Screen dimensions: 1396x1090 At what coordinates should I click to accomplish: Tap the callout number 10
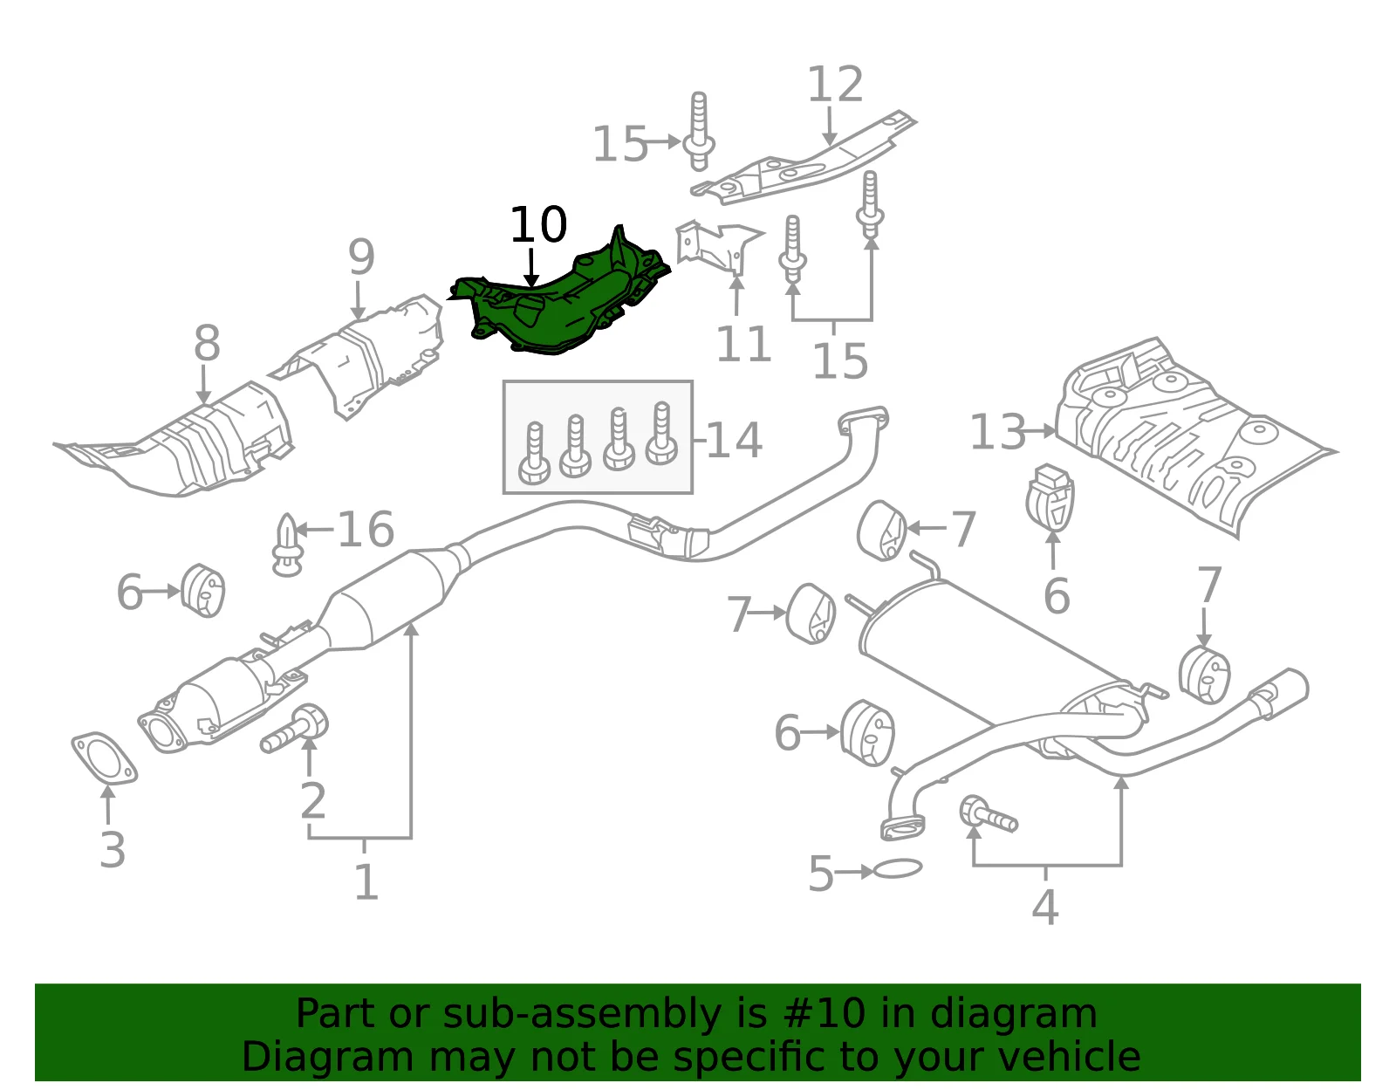538,225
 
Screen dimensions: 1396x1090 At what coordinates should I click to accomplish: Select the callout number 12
834,84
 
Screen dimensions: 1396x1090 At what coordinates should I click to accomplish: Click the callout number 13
997,432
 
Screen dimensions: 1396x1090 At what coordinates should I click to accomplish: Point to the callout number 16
366,529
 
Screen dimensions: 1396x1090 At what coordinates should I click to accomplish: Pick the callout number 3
113,849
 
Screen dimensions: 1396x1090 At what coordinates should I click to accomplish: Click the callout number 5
821,874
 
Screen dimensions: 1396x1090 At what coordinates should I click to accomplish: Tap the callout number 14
735,441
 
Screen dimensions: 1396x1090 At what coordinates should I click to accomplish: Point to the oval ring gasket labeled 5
898,869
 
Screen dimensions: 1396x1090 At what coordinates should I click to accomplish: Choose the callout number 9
361,257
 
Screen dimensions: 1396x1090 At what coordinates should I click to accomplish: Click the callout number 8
207,343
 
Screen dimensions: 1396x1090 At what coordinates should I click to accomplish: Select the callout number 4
1045,907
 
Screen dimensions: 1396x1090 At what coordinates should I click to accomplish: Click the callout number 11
743,344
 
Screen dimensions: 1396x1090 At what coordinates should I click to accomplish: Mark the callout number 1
366,881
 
